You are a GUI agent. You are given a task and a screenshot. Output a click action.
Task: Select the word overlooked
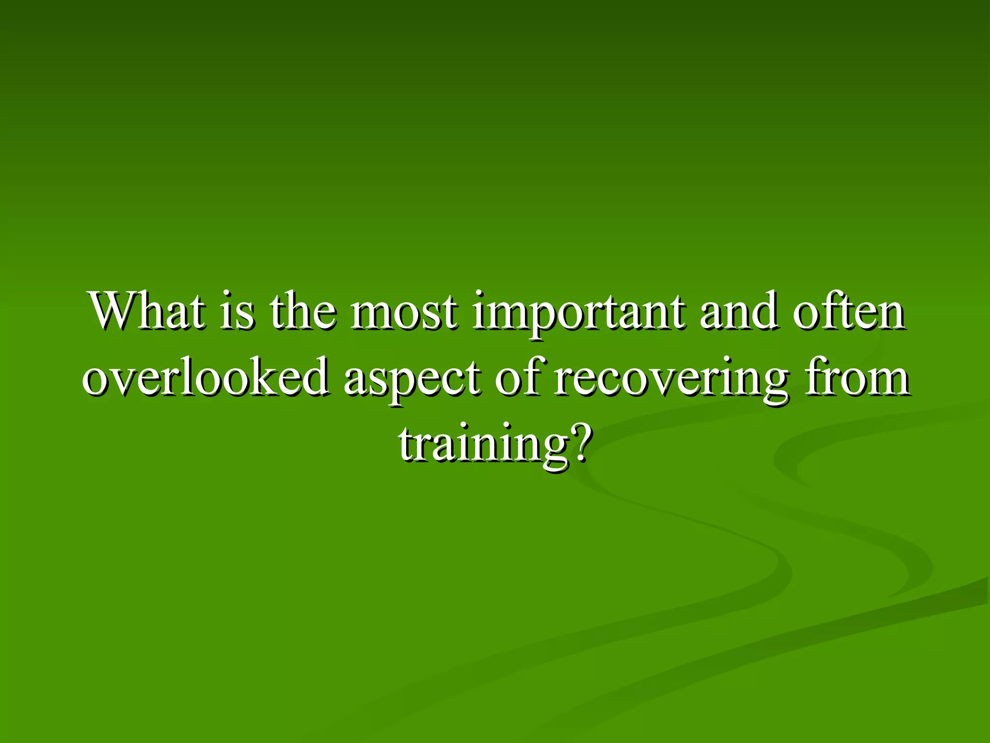205,377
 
